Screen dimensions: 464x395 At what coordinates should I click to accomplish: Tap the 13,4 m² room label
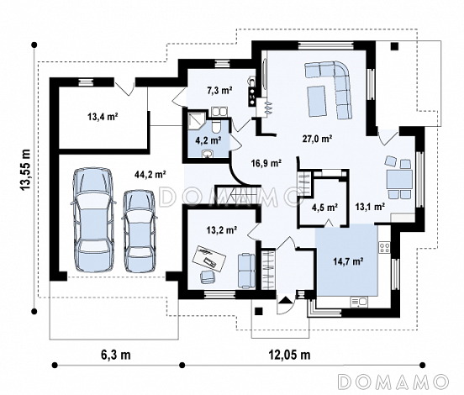pos(103,117)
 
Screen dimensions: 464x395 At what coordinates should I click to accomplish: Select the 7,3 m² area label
pos(219,90)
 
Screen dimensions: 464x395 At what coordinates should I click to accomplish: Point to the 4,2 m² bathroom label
pos(208,140)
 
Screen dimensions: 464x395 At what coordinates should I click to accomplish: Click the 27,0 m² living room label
pos(317,138)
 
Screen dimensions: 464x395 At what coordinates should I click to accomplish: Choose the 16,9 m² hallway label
pos(266,163)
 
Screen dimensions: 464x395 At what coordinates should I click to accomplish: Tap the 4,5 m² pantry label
pos(325,208)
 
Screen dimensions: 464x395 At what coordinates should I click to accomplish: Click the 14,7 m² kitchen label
pos(348,261)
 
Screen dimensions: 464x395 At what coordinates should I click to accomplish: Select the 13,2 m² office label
pos(221,229)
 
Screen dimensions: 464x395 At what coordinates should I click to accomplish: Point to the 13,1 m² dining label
pos(370,206)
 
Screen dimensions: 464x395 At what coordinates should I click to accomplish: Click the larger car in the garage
pos(92,220)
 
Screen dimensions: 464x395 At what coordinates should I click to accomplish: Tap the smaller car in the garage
pos(139,231)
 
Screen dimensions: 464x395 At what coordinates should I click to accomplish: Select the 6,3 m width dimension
pos(116,355)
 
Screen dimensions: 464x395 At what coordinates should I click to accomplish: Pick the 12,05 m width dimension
pos(290,355)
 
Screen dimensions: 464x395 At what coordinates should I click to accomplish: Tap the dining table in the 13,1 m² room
pos(399,180)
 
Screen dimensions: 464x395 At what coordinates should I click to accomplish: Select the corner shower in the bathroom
pos(197,122)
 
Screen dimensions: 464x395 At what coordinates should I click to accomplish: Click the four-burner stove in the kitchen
pos(385,247)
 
